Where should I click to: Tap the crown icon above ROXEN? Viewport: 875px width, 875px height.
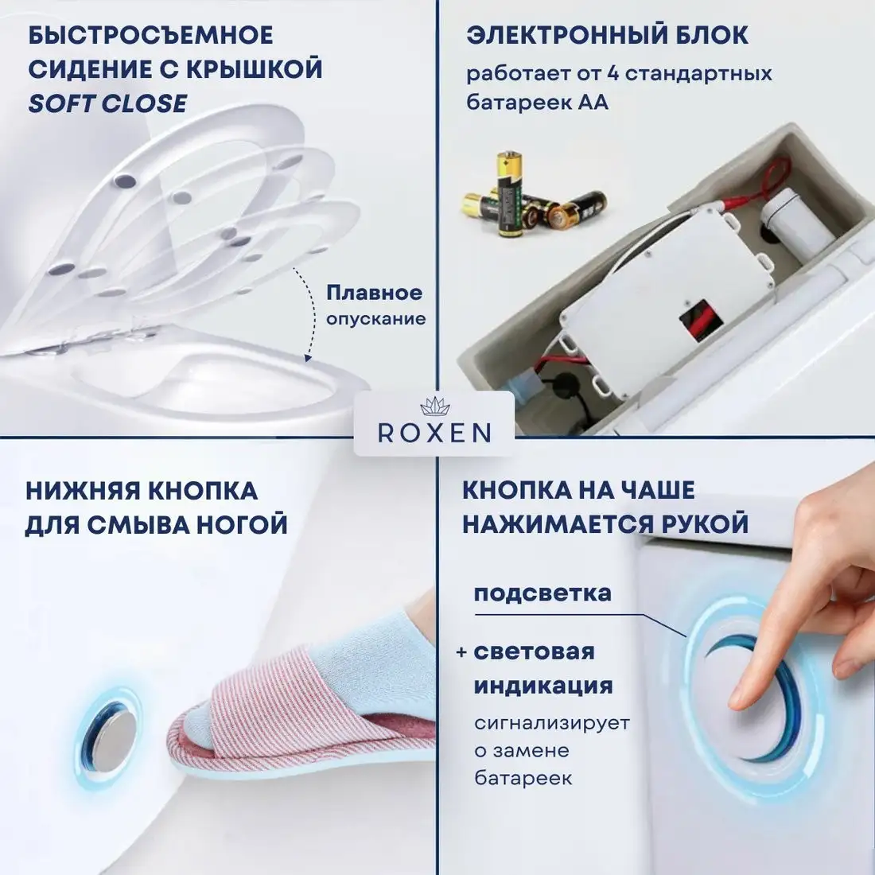(434, 406)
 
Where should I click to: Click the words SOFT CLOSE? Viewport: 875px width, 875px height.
(107, 103)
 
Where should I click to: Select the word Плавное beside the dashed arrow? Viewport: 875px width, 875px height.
(374, 293)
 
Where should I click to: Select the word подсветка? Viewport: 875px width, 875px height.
(542, 593)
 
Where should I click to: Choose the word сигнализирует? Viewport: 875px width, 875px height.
(552, 724)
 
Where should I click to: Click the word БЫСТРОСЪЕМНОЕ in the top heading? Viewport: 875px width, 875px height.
(151, 36)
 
